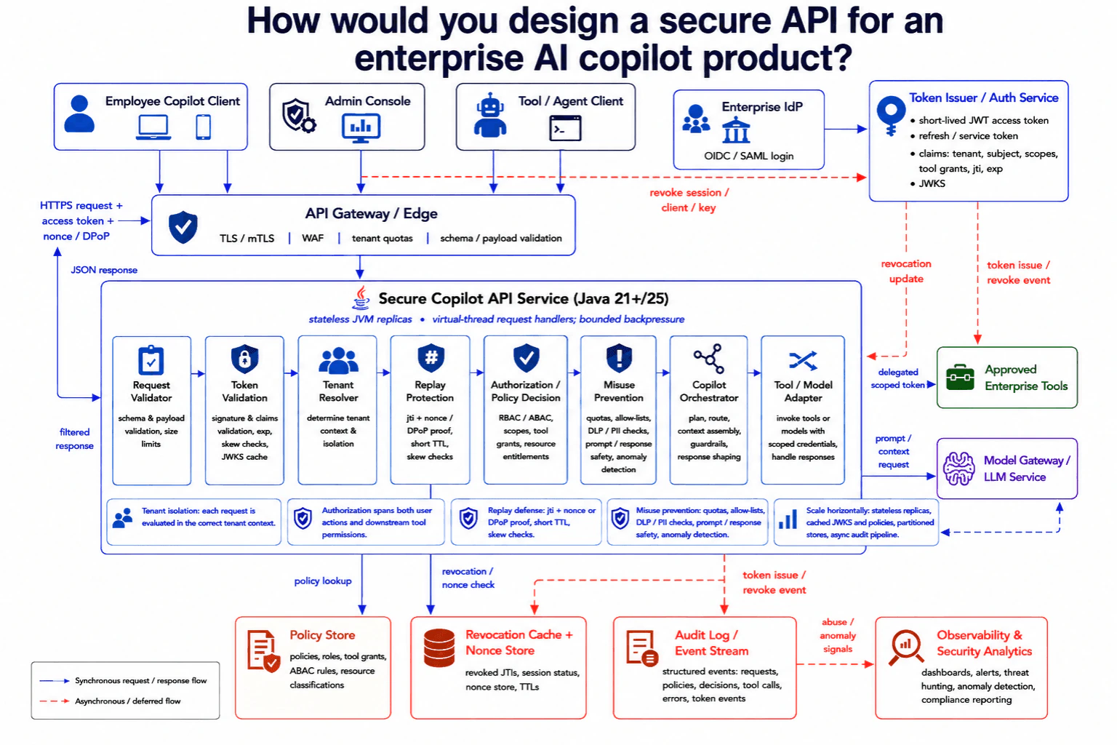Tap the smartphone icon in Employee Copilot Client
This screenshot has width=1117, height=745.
pos(203,127)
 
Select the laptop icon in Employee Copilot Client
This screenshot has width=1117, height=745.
pos(153,127)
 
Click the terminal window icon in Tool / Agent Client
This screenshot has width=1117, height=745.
pos(565,128)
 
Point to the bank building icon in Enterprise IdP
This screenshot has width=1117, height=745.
pos(736,130)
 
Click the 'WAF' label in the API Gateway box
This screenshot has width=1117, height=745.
pos(313,238)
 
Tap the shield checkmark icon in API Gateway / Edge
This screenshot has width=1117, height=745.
pos(183,227)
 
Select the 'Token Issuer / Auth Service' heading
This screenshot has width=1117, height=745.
pos(983,97)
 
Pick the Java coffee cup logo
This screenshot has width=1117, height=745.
pos(361,298)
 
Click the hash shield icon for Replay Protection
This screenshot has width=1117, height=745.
pos(431,357)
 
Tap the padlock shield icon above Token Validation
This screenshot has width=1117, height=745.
pos(244,358)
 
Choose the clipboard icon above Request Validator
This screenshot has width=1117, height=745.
pos(151,359)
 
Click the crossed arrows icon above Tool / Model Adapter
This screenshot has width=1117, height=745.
pos(803,360)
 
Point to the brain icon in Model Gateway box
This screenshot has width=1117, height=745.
pos(958,468)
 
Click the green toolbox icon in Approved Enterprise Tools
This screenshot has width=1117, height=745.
pos(960,378)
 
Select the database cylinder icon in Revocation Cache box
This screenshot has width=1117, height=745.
pos(439,648)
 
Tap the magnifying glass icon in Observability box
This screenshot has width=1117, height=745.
pos(905,648)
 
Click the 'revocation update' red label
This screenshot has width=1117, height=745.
pos(906,271)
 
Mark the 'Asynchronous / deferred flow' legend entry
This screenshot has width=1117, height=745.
pos(128,701)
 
